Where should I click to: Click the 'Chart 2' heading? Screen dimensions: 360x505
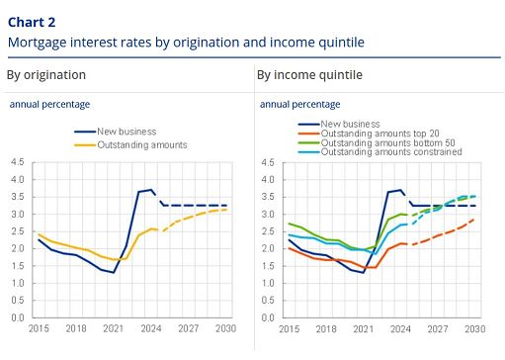[31, 20]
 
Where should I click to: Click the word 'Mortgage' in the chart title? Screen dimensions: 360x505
[37, 43]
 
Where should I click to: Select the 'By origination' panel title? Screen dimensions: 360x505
[45, 75]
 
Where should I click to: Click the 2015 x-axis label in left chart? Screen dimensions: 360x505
[39, 328]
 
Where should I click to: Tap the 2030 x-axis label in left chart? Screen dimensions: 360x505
[226, 328]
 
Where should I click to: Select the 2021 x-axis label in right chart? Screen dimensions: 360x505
[363, 328]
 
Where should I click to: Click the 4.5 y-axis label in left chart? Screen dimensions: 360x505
[18, 162]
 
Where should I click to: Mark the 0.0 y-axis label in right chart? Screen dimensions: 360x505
[268, 317]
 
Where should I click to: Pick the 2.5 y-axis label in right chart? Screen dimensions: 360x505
[268, 231]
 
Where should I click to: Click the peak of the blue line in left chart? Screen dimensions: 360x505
[149, 189]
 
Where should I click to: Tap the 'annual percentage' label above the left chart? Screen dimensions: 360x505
[49, 104]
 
